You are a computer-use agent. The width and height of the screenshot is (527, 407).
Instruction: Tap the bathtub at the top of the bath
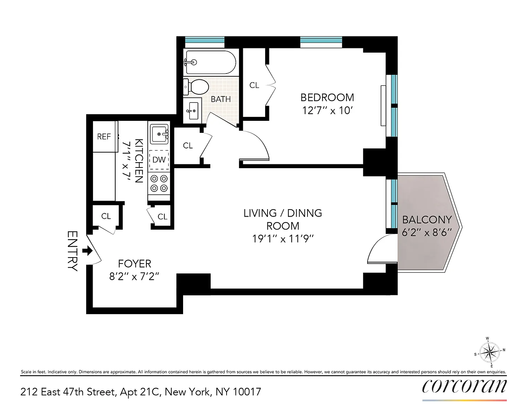pyautogui.click(x=210, y=62)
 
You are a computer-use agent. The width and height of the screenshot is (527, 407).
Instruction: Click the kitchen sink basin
pyautogui.click(x=159, y=134)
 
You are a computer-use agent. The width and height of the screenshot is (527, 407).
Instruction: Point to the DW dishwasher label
pyautogui.click(x=159, y=159)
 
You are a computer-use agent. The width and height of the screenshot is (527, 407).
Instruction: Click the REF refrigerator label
pyautogui.click(x=104, y=137)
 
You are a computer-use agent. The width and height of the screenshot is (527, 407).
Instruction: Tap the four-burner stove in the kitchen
pyautogui.click(x=159, y=183)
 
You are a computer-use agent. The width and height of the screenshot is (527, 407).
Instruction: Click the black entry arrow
pyautogui.click(x=87, y=250)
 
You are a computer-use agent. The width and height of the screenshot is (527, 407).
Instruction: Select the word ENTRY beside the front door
pyautogui.click(x=72, y=251)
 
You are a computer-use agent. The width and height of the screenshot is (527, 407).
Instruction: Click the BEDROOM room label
pyautogui.click(x=327, y=98)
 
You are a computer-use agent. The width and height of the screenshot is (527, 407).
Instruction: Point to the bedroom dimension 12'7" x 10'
pyautogui.click(x=327, y=111)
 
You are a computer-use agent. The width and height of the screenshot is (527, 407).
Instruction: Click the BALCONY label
pyautogui.click(x=427, y=220)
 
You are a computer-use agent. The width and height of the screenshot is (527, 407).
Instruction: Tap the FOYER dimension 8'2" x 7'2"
pyautogui.click(x=134, y=276)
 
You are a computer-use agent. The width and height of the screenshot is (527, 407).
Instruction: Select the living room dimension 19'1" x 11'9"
pyautogui.click(x=283, y=238)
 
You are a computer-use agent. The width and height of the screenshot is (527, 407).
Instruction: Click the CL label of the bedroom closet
pyautogui.click(x=254, y=85)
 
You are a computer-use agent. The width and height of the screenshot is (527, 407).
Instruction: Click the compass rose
pyautogui.click(x=490, y=352)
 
